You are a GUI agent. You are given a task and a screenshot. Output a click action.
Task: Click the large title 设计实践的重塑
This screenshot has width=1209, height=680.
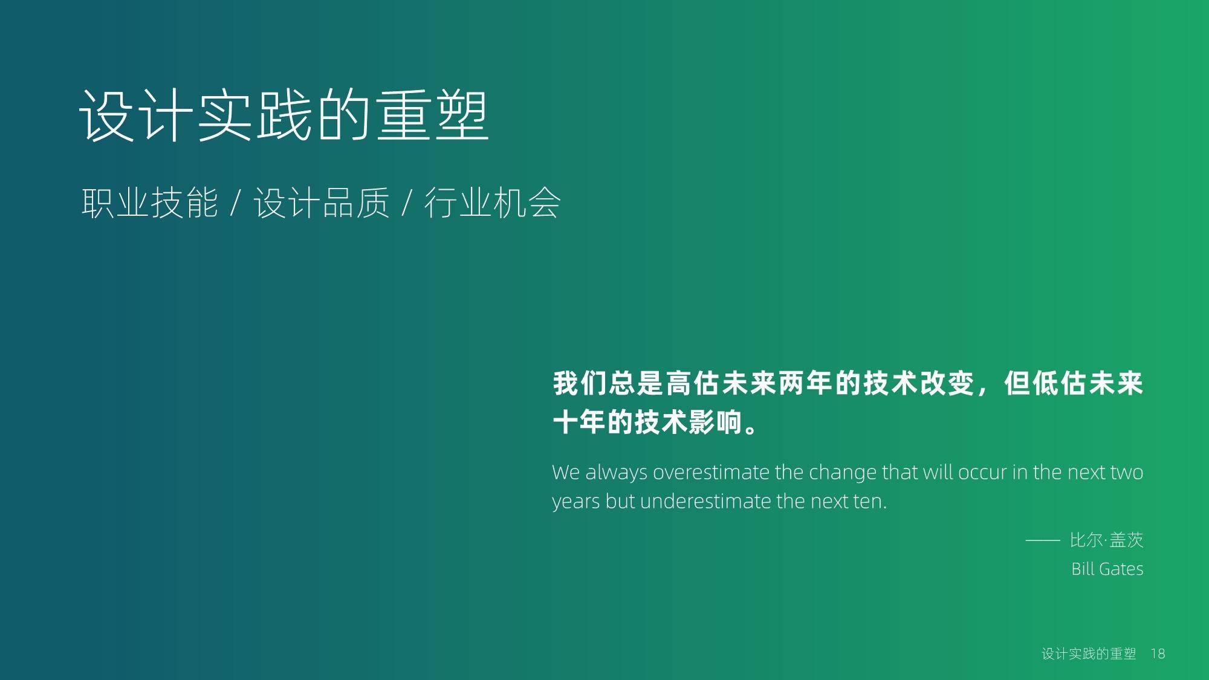(x=284, y=115)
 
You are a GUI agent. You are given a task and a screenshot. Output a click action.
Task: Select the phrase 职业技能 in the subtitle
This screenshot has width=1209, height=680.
(x=149, y=202)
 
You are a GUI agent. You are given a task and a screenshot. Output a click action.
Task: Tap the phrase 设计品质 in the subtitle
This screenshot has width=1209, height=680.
(x=321, y=202)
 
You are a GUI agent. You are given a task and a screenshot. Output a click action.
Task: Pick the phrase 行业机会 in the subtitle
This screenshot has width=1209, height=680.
(x=492, y=202)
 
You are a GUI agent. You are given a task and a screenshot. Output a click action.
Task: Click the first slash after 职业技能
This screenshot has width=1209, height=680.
(x=236, y=202)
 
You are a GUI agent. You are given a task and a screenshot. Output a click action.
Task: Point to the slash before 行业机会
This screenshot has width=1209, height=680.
(x=407, y=202)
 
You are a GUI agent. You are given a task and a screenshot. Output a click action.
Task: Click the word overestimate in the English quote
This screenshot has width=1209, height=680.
(x=711, y=472)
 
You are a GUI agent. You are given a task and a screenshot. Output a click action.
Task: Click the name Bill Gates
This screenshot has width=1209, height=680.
(x=1107, y=569)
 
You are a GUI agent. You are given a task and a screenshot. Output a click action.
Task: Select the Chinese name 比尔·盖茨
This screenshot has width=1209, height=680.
(x=1107, y=540)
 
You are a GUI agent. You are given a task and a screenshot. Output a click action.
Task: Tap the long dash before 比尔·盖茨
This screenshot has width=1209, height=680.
(x=1043, y=540)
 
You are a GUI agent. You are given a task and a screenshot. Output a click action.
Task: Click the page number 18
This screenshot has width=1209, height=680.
(x=1158, y=653)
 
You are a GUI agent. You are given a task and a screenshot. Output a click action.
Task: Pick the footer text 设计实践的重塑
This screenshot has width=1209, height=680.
(x=1089, y=653)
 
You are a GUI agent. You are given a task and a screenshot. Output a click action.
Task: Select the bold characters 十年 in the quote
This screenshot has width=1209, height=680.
(x=580, y=421)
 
